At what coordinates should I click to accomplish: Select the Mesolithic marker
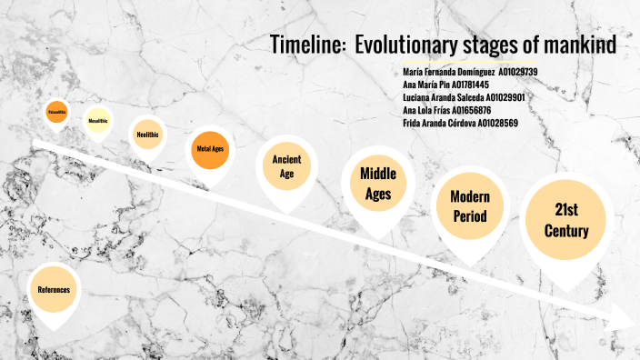click(x=97, y=120)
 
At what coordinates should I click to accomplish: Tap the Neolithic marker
click(x=147, y=134)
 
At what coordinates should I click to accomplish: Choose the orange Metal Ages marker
click(x=210, y=147)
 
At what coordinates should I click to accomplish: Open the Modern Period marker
click(x=469, y=205)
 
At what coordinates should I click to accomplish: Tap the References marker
click(x=54, y=289)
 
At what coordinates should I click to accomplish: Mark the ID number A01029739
click(x=518, y=71)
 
